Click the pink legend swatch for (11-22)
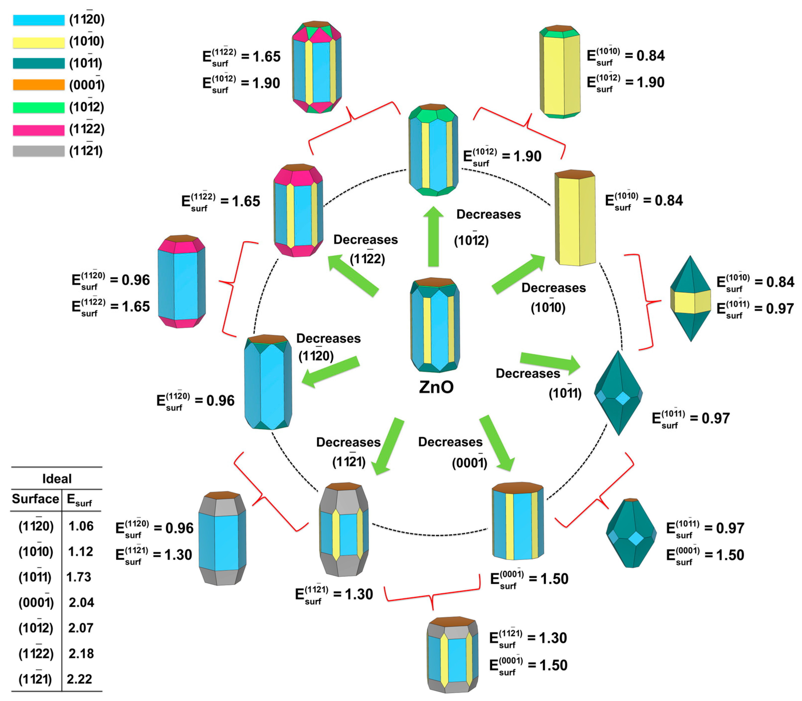[x=38, y=130]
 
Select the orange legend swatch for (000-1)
[x=38, y=85]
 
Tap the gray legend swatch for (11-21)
[x=38, y=151]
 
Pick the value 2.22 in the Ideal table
[x=80, y=679]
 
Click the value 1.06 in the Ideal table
[x=81, y=526]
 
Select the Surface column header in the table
[x=35, y=499]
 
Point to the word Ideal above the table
[x=57, y=479]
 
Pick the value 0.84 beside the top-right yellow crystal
[x=650, y=56]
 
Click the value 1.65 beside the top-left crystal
[x=267, y=57]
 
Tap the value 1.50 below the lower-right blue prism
[x=554, y=579]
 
